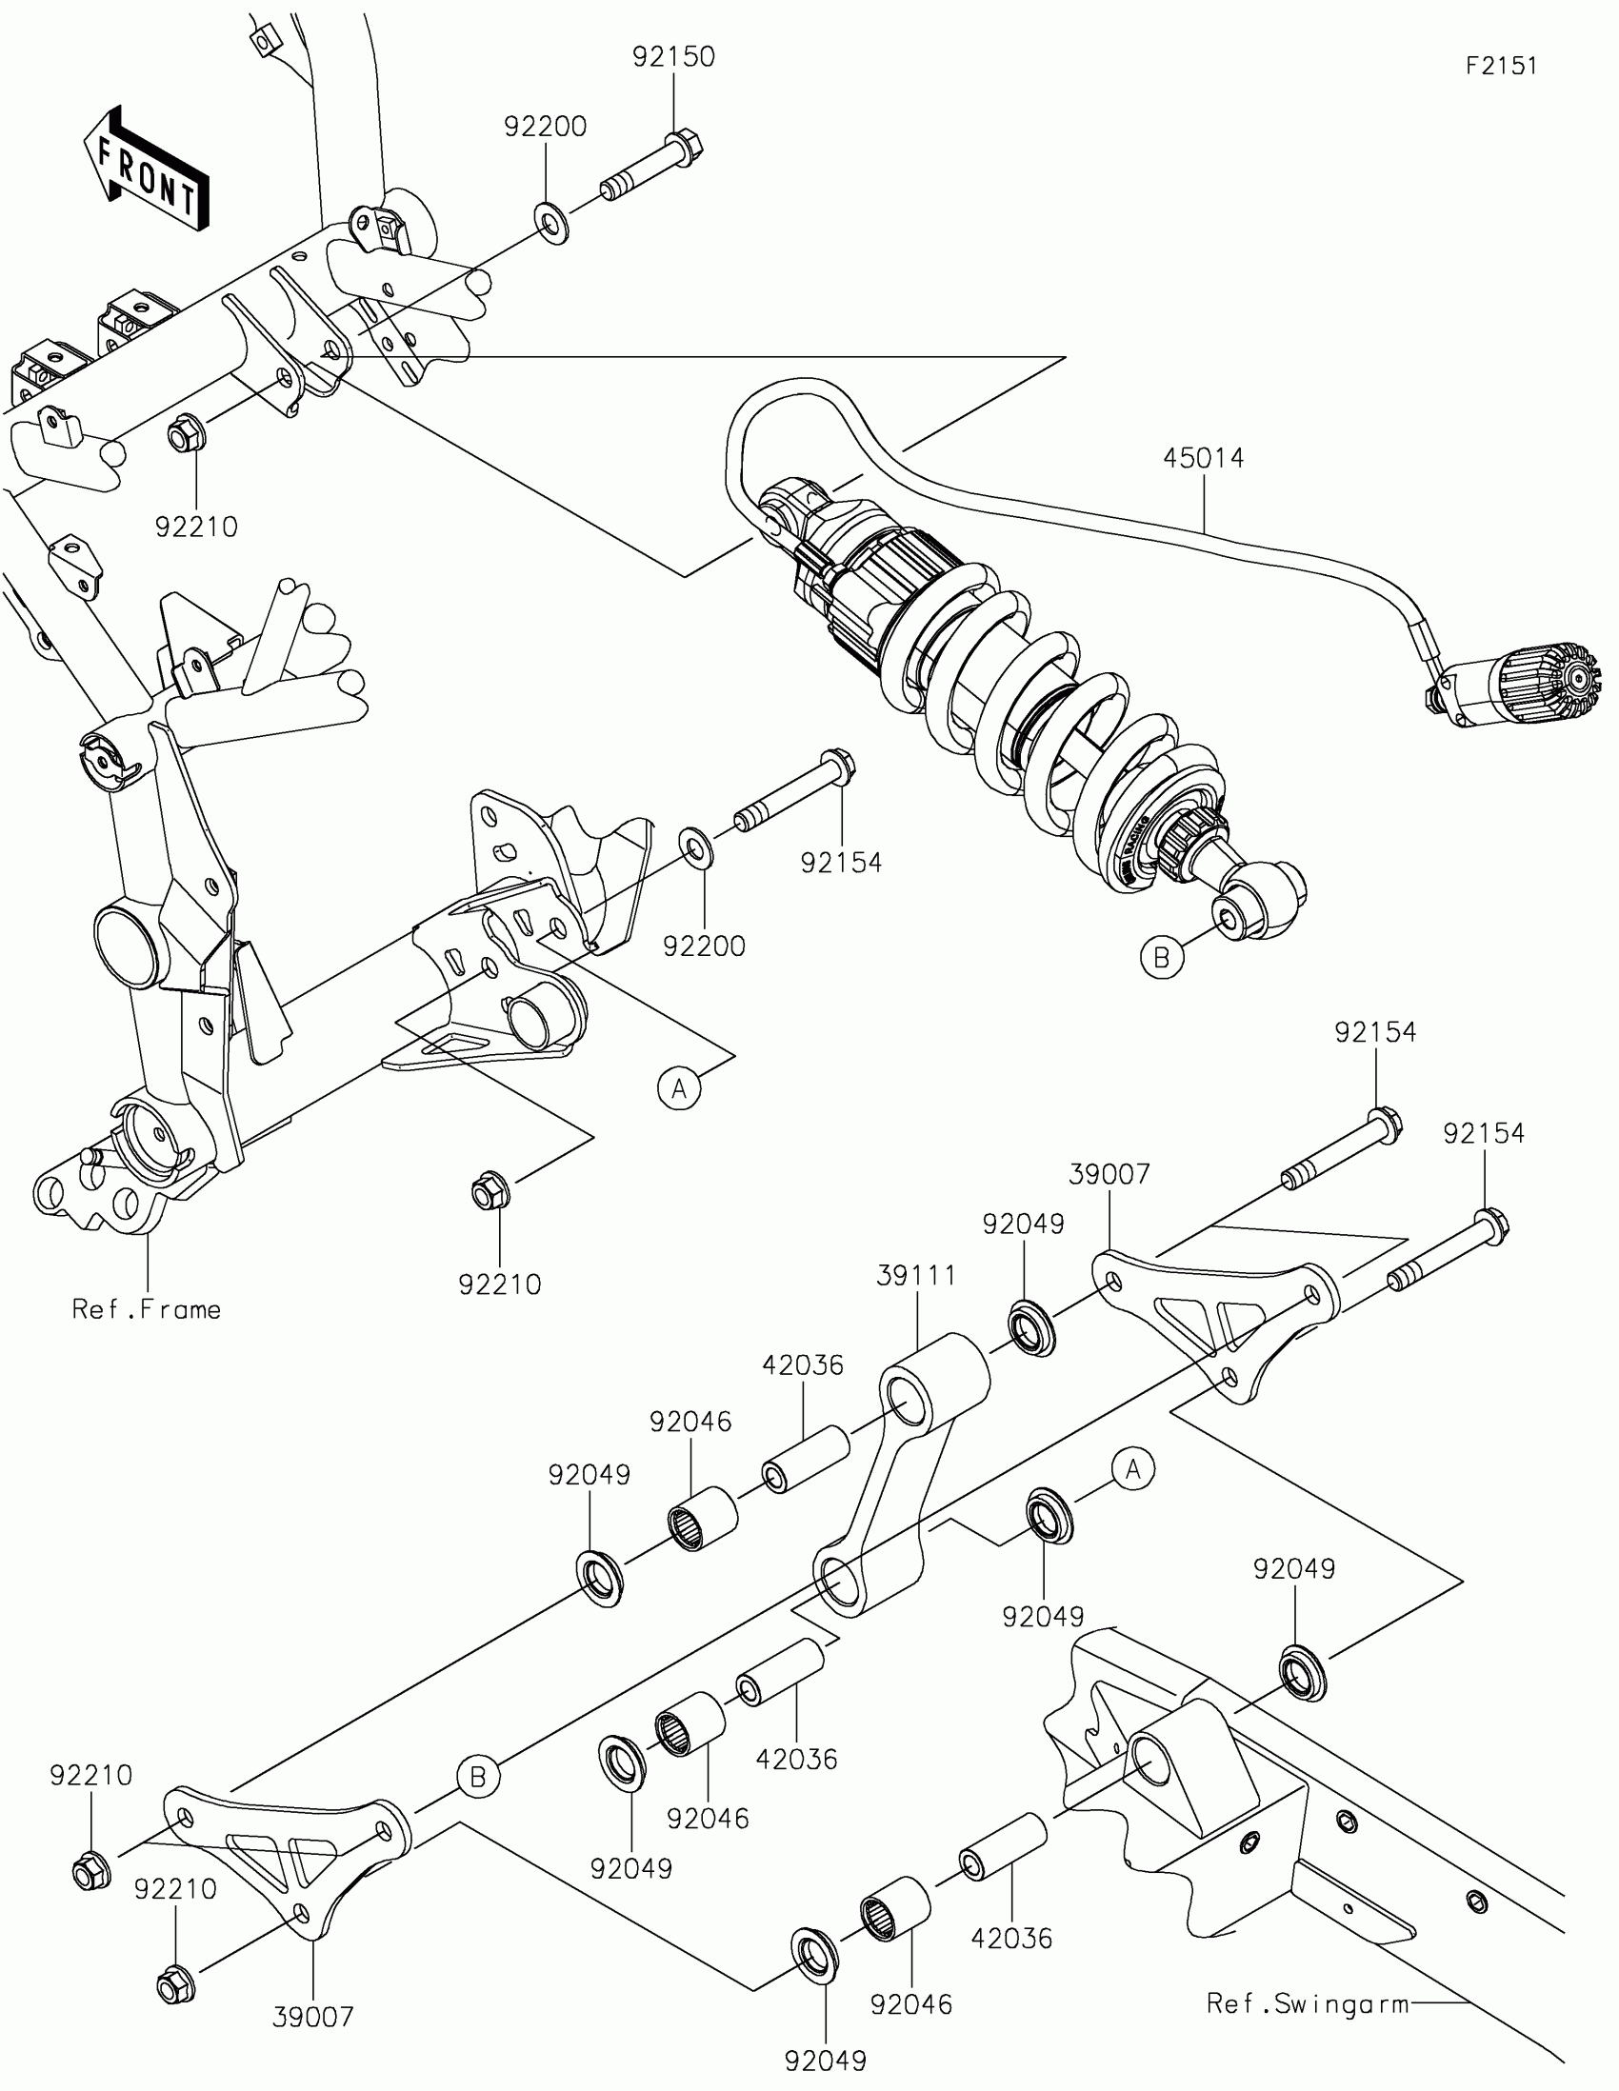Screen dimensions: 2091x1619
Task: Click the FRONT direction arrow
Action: click(x=146, y=170)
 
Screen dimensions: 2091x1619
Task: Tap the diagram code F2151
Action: click(x=1501, y=65)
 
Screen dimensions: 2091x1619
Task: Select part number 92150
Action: click(x=673, y=56)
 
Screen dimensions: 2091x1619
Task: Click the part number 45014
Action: click(x=1204, y=459)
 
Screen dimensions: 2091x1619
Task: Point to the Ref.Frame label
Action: click(x=147, y=1309)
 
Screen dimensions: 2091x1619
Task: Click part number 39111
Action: click(x=916, y=1275)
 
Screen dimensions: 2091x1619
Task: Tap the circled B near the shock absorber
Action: click(x=1161, y=956)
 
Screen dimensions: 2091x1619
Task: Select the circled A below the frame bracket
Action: click(x=679, y=1087)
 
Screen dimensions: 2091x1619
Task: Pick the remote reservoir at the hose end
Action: click(x=1522, y=683)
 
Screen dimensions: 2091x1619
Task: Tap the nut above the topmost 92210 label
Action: click(x=184, y=437)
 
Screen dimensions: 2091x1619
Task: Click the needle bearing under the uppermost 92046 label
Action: click(x=701, y=1518)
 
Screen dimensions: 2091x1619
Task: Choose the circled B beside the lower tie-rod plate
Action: click(x=478, y=1777)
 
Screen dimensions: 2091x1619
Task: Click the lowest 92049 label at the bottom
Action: click(x=826, y=2061)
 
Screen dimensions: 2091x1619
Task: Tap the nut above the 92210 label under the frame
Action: click(x=491, y=1192)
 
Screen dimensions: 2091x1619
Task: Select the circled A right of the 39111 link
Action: click(x=1132, y=1468)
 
